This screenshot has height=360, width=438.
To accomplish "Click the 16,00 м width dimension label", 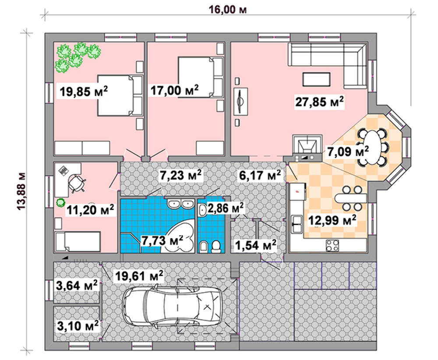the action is (x=228, y=10).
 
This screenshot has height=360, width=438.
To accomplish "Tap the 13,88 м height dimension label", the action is (x=21, y=191).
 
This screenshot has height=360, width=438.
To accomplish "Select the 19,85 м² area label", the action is (x=84, y=91).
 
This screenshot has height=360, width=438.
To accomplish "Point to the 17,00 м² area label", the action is (x=174, y=90).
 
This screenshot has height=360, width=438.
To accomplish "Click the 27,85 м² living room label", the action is (x=319, y=101).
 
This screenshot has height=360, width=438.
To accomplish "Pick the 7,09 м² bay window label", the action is (x=348, y=152).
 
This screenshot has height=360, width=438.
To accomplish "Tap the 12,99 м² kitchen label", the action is (x=332, y=220).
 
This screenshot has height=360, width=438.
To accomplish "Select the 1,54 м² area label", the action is (x=256, y=245).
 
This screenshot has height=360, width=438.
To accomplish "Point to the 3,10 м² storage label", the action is (x=78, y=326).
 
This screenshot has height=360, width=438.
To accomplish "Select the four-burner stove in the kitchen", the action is (x=332, y=246).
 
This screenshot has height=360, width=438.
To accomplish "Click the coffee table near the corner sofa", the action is (x=317, y=79).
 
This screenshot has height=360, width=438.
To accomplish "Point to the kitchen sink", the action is (x=297, y=224).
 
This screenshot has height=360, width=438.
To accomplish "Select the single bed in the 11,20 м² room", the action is (x=78, y=242).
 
